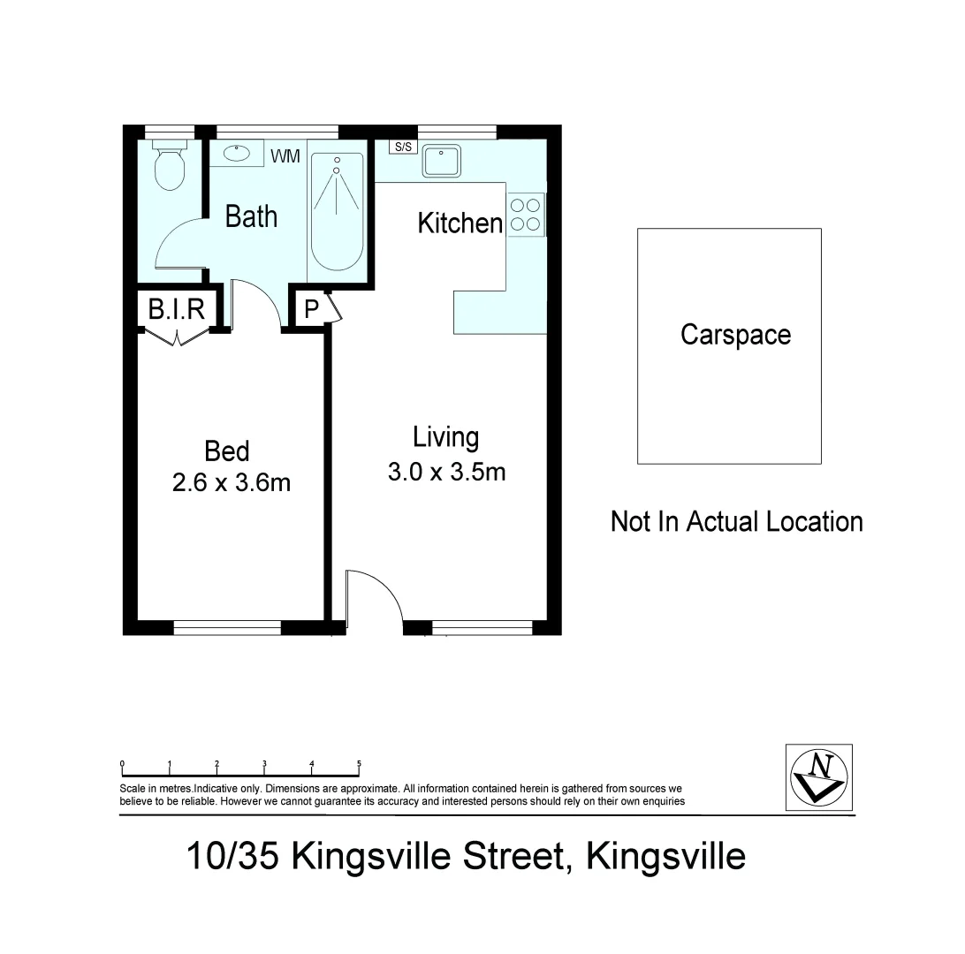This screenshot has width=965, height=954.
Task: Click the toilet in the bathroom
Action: pyautogui.click(x=169, y=166)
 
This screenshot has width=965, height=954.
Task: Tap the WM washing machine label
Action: pyautogui.click(x=285, y=156)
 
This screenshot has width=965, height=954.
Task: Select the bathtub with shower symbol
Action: pyautogui.click(x=336, y=212)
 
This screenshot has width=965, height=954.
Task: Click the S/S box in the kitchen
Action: pyautogui.click(x=403, y=148)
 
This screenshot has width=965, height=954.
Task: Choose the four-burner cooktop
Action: pyautogui.click(x=525, y=215)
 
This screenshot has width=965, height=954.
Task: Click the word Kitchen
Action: pyautogui.click(x=460, y=223)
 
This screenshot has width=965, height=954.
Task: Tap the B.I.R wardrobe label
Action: pyautogui.click(x=177, y=309)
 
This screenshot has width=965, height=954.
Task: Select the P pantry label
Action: pyautogui.click(x=310, y=310)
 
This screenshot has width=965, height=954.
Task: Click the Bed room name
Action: pyautogui.click(x=227, y=451)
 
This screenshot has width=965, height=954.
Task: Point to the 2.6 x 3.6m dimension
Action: pyautogui.click(x=232, y=483)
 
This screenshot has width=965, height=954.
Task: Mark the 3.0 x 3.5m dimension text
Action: pyautogui.click(x=446, y=472)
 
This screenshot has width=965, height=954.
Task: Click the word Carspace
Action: pyautogui.click(x=735, y=335)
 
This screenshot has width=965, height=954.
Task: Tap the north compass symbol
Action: pyautogui.click(x=819, y=775)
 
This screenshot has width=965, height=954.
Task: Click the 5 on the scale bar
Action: pyautogui.click(x=358, y=763)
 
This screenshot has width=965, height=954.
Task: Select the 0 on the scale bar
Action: pyautogui.click(x=122, y=763)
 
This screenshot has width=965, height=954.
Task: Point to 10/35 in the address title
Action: pyautogui.click(x=233, y=856)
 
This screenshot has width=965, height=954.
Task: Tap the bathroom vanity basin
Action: pyautogui.click(x=237, y=153)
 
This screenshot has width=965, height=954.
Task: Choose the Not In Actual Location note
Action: pyautogui.click(x=736, y=521)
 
